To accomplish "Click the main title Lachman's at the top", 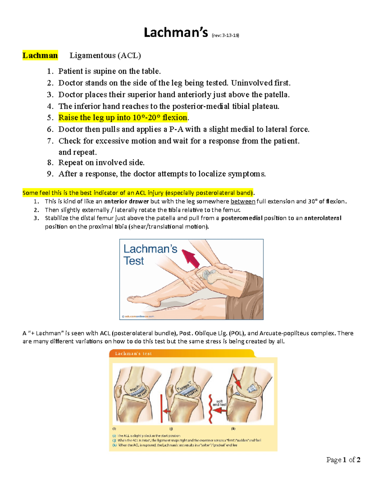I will coord(176,33).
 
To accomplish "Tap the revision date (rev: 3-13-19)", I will coord(225,35).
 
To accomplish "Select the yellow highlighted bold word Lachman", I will coord(40,55).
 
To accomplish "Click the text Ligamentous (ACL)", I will coord(105,55).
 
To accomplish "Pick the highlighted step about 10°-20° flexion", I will coord(123,118).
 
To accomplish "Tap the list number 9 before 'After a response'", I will coord(50,174).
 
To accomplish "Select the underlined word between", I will coord(243,201).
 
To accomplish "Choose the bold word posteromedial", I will coord(242,218).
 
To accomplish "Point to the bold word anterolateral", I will coord(323,218).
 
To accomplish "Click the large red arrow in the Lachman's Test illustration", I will coord(191,258).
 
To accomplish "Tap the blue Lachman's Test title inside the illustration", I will coord(150,255).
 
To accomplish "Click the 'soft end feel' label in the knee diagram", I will coord(219,403).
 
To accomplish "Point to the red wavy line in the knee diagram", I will coord(210,409).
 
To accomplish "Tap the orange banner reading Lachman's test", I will coord(133,353).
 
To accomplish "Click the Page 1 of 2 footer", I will coord(343,460).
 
